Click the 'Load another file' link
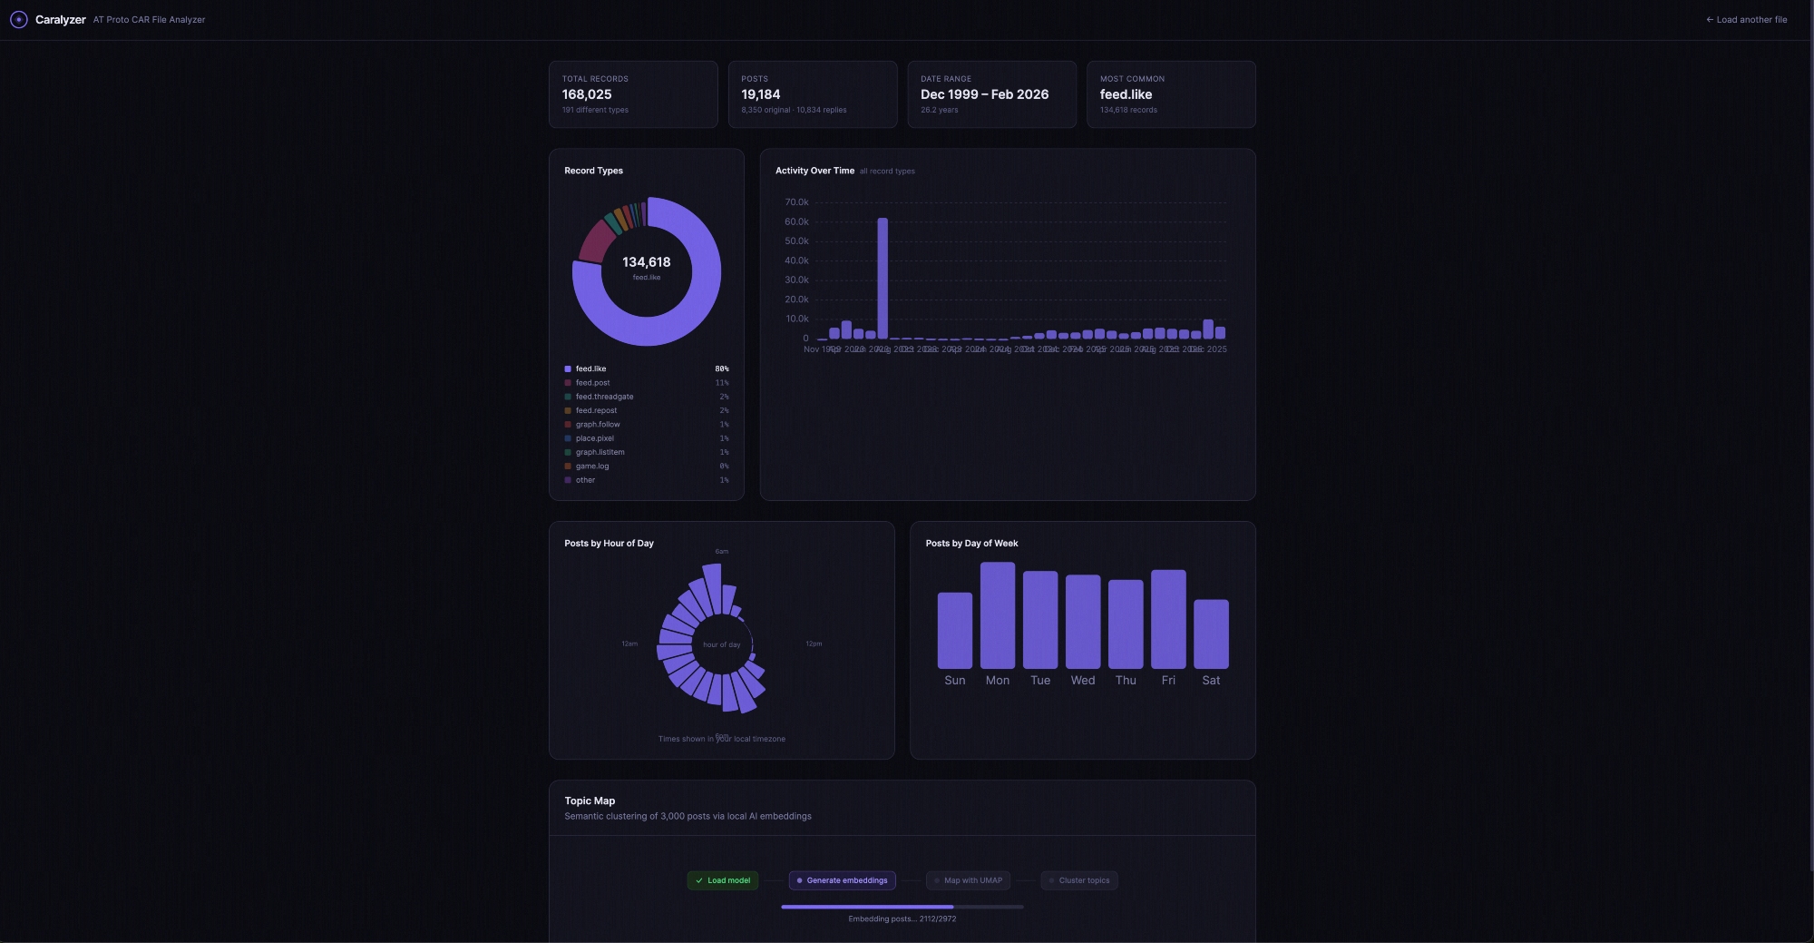point(1747,20)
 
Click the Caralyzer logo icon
point(18,20)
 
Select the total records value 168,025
point(587,94)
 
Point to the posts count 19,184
point(760,94)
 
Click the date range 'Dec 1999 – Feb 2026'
point(984,94)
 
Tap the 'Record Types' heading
point(593,171)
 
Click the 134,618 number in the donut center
point(647,262)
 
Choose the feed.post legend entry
point(592,383)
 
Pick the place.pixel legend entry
point(594,438)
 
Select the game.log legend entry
point(592,467)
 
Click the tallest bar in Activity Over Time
point(883,278)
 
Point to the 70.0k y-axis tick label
point(796,202)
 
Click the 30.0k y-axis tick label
point(796,280)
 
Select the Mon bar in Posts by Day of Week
point(998,615)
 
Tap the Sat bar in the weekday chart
point(1211,634)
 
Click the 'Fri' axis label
point(1168,681)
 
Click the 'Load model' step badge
point(723,880)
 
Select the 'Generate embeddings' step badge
point(842,880)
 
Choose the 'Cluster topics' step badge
point(1079,880)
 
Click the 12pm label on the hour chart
point(814,644)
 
